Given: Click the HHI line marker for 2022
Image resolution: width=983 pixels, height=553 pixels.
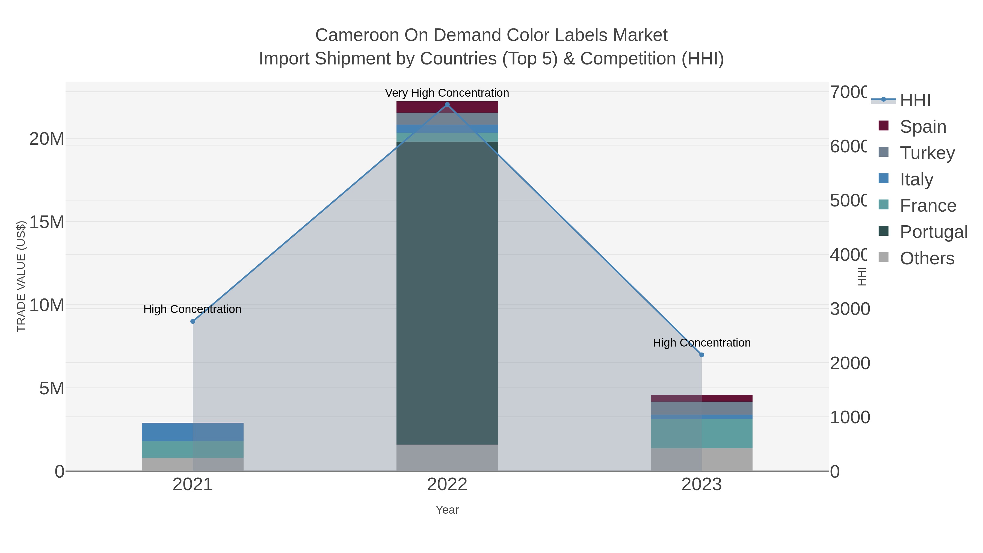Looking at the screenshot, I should click(447, 105).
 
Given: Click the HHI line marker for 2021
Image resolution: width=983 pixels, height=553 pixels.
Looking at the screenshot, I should click(193, 321).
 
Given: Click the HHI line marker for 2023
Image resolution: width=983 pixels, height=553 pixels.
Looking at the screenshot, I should click(701, 355).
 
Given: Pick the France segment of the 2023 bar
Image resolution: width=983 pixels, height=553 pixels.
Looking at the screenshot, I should click(701, 434).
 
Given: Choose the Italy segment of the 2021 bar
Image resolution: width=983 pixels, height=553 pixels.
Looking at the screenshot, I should click(193, 432).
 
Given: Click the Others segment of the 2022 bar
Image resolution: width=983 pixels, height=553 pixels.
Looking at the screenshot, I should click(447, 458).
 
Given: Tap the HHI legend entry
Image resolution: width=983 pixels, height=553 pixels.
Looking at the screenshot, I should click(915, 100).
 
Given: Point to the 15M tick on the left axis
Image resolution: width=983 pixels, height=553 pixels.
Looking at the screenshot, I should click(46, 222).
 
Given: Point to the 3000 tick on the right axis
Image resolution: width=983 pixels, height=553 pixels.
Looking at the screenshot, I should click(850, 309).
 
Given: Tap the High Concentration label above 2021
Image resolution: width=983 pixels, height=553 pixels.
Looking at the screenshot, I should click(192, 309).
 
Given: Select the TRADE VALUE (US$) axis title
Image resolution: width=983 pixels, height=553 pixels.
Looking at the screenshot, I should click(21, 276).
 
